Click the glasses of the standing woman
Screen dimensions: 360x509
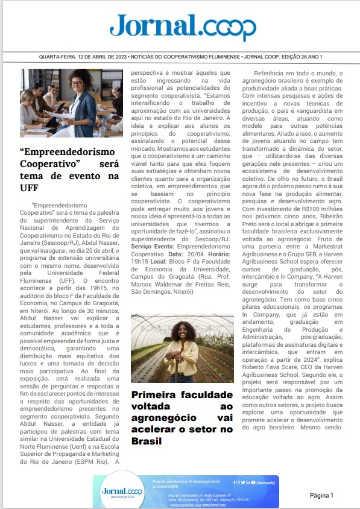tap(78, 83)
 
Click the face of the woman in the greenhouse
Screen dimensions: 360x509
tap(181, 329)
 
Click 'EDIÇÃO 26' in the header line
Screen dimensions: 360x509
tap(293, 57)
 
